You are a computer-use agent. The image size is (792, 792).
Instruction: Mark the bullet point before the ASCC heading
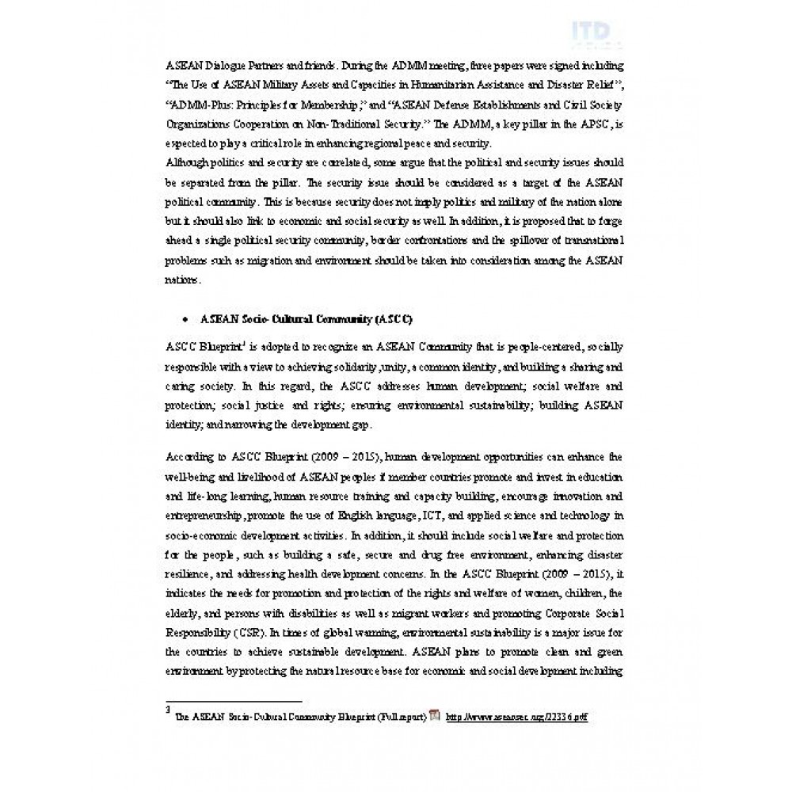184,318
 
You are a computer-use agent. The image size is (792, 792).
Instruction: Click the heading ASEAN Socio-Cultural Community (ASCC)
306,318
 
